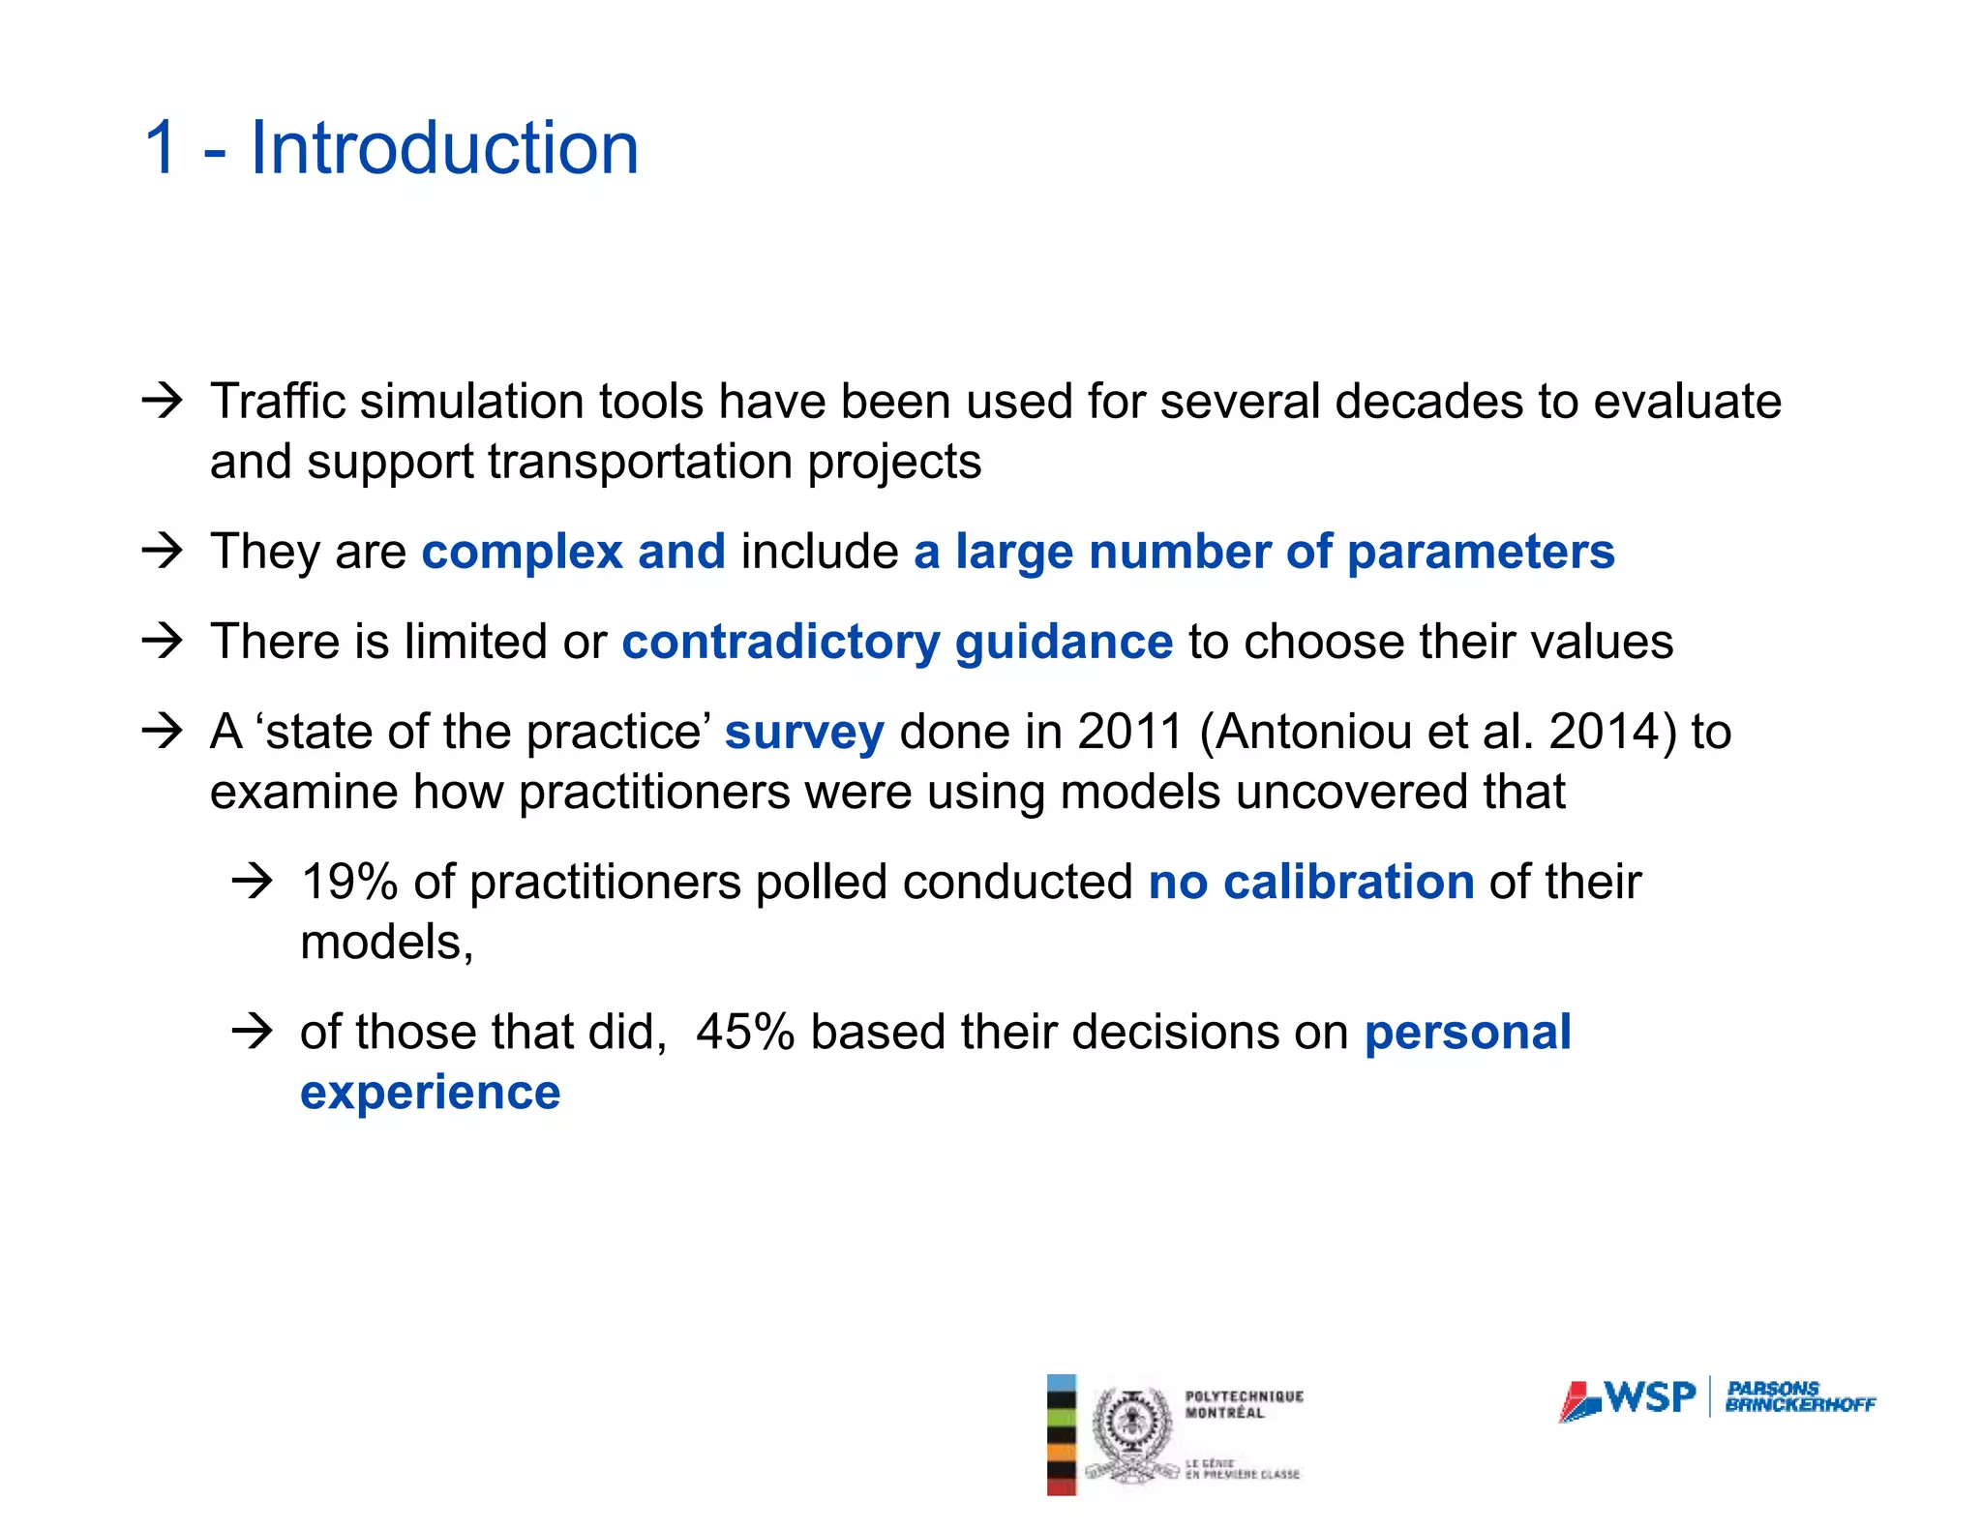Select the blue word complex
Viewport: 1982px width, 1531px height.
pyautogui.click(x=522, y=552)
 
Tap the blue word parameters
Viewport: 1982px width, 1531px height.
pyautogui.click(x=1481, y=552)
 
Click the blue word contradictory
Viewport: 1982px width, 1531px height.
pyautogui.click(x=780, y=642)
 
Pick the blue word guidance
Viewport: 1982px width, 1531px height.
pyautogui.click(x=1064, y=642)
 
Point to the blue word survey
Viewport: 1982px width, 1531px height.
pyautogui.click(x=803, y=732)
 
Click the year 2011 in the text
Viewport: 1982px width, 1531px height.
pyautogui.click(x=1129, y=732)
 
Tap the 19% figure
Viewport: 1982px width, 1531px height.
pyautogui.click(x=349, y=882)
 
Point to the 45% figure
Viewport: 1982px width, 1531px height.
pyautogui.click(x=744, y=1032)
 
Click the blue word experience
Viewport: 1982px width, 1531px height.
pyautogui.click(x=430, y=1093)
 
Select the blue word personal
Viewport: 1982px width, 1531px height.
pyautogui.click(x=1467, y=1032)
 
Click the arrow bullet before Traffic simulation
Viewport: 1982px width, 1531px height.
pyautogui.click(x=162, y=401)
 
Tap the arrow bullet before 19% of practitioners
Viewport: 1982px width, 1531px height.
pyautogui.click(x=253, y=882)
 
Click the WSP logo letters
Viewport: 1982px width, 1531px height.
pyautogui.click(x=1649, y=1397)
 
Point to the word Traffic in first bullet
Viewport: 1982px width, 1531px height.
pyautogui.click(x=277, y=402)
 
